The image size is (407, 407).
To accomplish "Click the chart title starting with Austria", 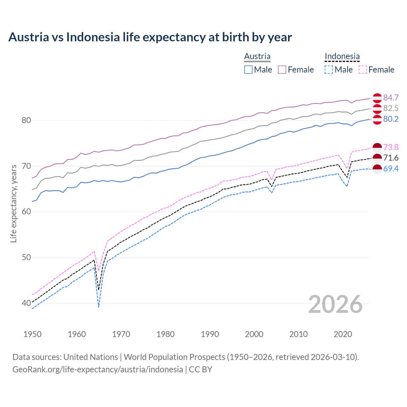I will [x=150, y=37].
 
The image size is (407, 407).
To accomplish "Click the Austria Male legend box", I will [x=248, y=70].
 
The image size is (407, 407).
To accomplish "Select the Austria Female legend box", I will [x=282, y=70].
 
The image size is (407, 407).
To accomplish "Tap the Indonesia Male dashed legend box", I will [x=329, y=70].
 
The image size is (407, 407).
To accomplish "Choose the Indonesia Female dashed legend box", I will [x=363, y=70].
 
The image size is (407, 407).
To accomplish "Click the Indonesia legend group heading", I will [x=342, y=56].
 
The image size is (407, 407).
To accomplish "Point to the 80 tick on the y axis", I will [x=26, y=120].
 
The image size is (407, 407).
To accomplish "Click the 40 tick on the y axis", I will [x=26, y=303].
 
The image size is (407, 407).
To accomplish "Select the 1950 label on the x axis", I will [x=32, y=334].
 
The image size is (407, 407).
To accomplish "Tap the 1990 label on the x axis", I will [x=210, y=334].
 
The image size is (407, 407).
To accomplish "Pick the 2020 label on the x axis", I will [x=343, y=334].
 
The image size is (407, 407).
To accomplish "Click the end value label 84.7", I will [x=391, y=98].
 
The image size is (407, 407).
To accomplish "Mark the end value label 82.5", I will [x=391, y=108].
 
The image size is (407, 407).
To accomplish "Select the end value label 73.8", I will [x=391, y=147].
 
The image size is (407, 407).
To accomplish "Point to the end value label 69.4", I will [x=391, y=169].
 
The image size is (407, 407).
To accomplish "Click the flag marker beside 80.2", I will [x=377, y=120].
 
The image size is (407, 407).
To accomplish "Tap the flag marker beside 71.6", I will [x=377, y=158].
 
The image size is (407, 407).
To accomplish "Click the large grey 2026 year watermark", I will [x=335, y=304].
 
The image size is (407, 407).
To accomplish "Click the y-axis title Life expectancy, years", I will [x=14, y=203].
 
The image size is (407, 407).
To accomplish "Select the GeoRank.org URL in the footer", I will [x=98, y=369].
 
